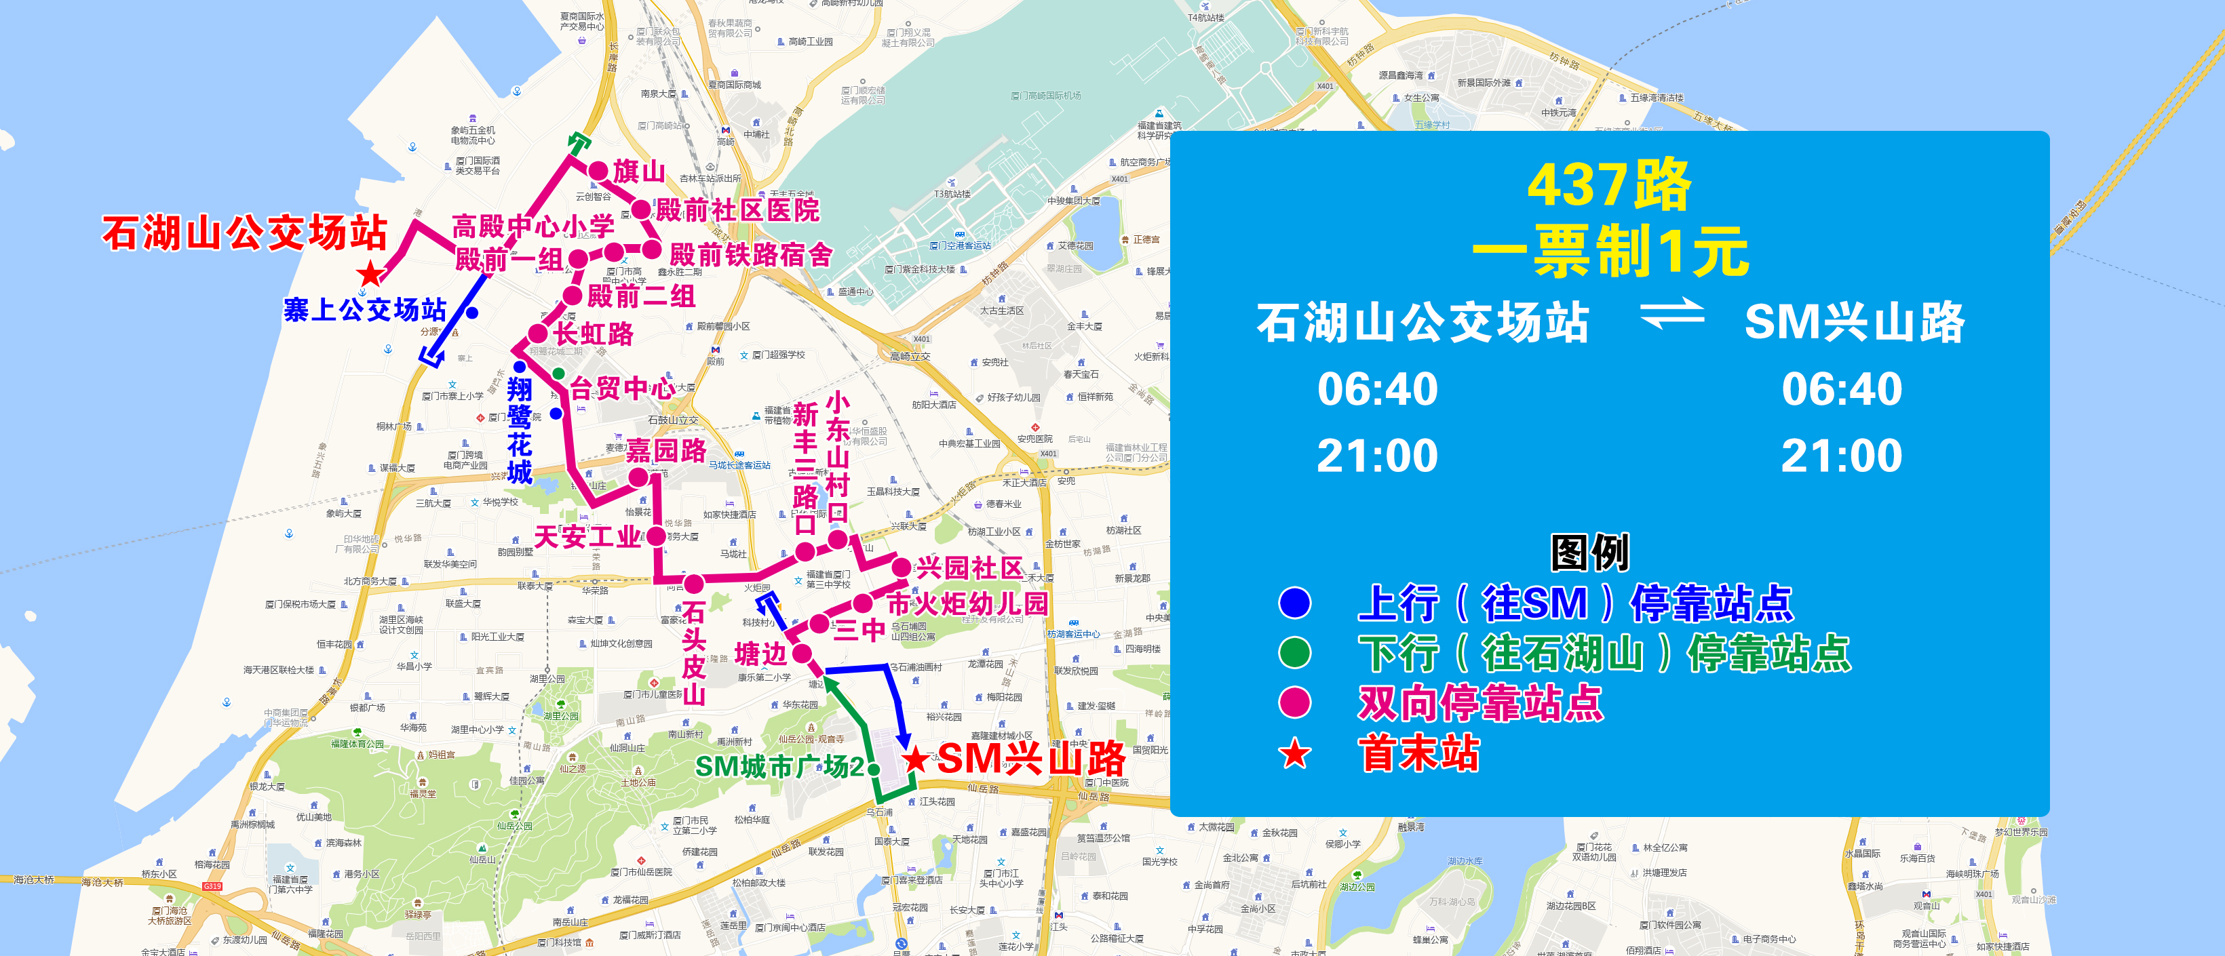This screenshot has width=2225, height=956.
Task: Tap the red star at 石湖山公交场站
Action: tap(370, 274)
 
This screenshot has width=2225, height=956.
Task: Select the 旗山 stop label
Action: tap(639, 171)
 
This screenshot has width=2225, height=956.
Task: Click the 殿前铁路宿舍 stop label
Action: tap(750, 255)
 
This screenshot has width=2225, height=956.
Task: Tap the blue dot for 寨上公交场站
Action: tap(472, 312)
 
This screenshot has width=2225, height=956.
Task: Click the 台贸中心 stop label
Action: tap(622, 388)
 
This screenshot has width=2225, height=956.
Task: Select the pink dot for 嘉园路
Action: tap(638, 477)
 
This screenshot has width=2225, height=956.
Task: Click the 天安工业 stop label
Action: tap(587, 537)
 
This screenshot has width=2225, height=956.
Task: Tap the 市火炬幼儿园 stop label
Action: tap(967, 603)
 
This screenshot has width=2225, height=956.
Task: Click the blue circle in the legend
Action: tap(1294, 603)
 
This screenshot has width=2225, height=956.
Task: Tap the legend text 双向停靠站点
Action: tap(1479, 703)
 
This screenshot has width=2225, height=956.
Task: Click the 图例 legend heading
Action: tap(1589, 553)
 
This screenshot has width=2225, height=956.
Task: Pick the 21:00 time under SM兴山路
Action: tap(1842, 456)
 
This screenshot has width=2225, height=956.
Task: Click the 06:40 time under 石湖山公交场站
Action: tap(1378, 389)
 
